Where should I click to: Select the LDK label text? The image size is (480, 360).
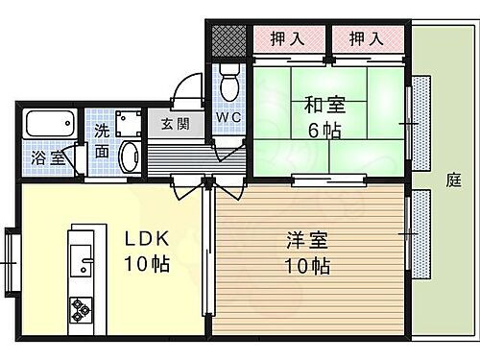[x=142, y=238]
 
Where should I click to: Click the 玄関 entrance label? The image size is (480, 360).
[x=175, y=123]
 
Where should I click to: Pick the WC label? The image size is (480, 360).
[x=228, y=118]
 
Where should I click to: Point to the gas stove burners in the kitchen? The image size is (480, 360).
[x=80, y=310]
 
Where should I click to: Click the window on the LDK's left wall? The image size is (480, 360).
[x=11, y=259]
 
